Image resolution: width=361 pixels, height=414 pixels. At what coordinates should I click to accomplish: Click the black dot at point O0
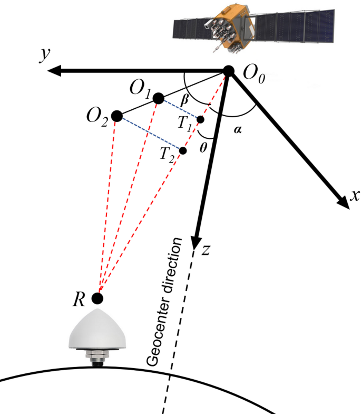tap(229, 71)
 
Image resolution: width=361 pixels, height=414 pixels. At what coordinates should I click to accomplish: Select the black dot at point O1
tap(158, 98)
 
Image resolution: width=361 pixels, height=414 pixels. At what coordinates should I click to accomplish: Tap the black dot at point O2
tap(117, 116)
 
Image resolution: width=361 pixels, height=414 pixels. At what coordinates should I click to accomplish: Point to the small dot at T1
tap(200, 119)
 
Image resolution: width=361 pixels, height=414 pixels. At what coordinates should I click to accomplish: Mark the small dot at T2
tap(183, 150)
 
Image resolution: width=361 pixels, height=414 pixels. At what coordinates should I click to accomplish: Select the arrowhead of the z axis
tap(197, 239)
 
